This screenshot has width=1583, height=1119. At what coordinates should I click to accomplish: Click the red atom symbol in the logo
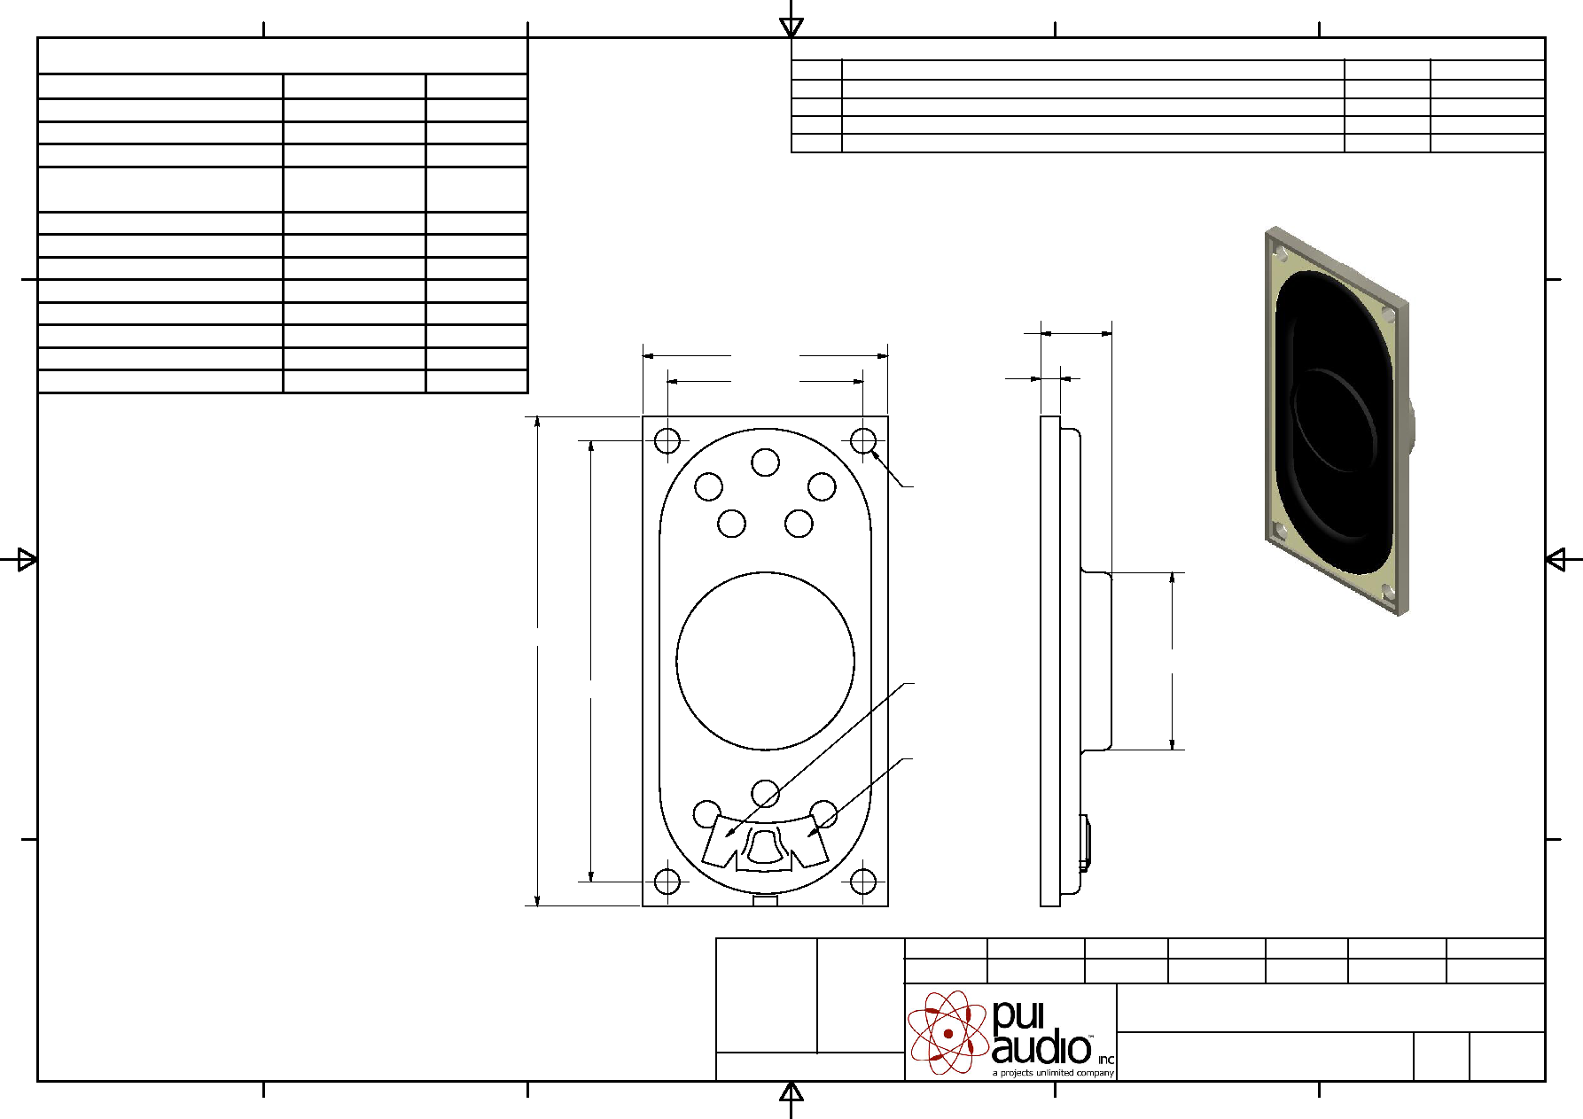click(x=947, y=1032)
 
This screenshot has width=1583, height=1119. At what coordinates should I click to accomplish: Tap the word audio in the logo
click(x=1041, y=1048)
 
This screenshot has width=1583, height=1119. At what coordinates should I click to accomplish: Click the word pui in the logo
click(x=1018, y=1016)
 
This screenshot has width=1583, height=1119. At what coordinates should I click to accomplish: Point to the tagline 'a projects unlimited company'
click(x=1053, y=1073)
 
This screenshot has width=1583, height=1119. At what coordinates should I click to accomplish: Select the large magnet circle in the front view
click(x=765, y=572)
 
